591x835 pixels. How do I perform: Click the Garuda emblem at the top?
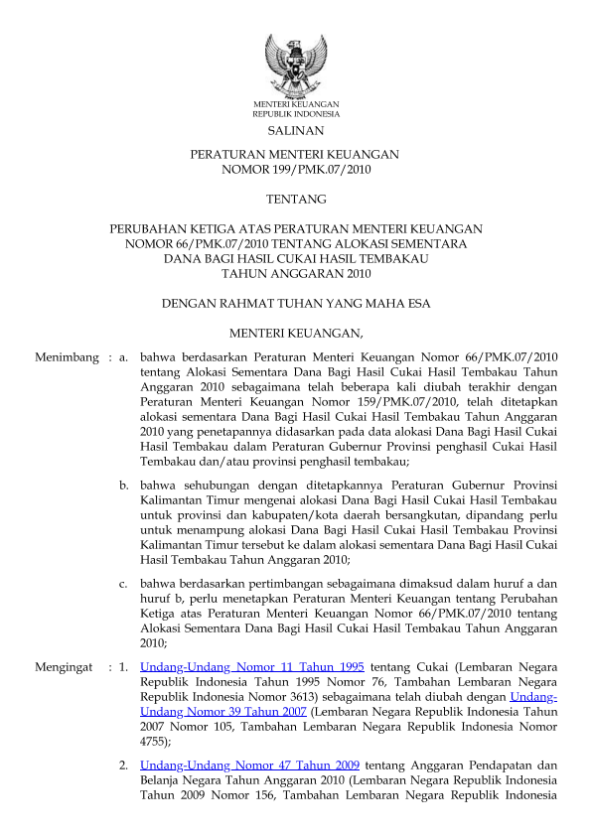point(295,63)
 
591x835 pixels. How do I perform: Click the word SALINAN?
point(295,130)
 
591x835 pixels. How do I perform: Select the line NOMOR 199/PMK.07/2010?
point(295,169)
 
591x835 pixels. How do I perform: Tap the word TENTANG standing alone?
point(295,200)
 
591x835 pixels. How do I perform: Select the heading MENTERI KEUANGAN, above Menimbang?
point(295,331)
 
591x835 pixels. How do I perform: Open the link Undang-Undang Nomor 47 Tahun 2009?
point(252,765)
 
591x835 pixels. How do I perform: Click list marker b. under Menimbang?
point(124,486)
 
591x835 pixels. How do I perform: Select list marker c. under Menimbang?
point(124,584)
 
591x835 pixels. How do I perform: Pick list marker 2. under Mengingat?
point(124,765)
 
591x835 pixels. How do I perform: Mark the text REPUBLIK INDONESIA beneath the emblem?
point(295,114)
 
